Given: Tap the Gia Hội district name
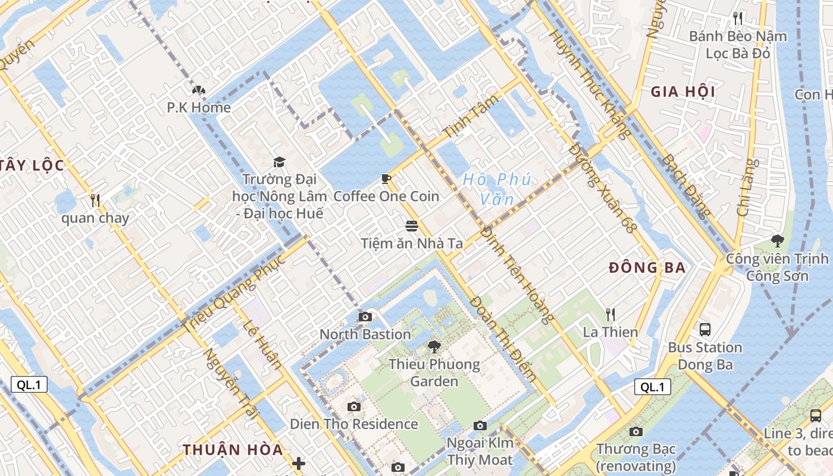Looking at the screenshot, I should (x=682, y=92).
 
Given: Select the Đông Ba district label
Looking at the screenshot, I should (x=647, y=268).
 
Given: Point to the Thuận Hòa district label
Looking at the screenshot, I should (x=233, y=450).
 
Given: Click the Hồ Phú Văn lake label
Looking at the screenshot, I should (x=496, y=189).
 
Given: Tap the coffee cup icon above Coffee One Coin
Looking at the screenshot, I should (x=386, y=179).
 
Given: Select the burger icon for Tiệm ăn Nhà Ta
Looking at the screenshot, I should (x=411, y=226).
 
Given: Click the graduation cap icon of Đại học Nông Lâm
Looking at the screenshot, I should (x=279, y=162).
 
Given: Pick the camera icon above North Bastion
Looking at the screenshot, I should (x=365, y=317).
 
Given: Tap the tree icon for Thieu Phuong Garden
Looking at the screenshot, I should (x=434, y=347).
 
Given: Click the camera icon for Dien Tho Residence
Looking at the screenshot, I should (x=354, y=407).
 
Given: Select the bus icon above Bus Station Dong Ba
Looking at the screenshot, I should (x=705, y=329).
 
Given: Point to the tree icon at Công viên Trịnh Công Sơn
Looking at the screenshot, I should (x=777, y=241).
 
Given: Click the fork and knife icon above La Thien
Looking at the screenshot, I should (x=610, y=314).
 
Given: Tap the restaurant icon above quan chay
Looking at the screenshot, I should (x=95, y=201).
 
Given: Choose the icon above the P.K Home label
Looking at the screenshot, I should (x=198, y=90).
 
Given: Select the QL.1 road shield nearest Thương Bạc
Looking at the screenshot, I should (x=652, y=387).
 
